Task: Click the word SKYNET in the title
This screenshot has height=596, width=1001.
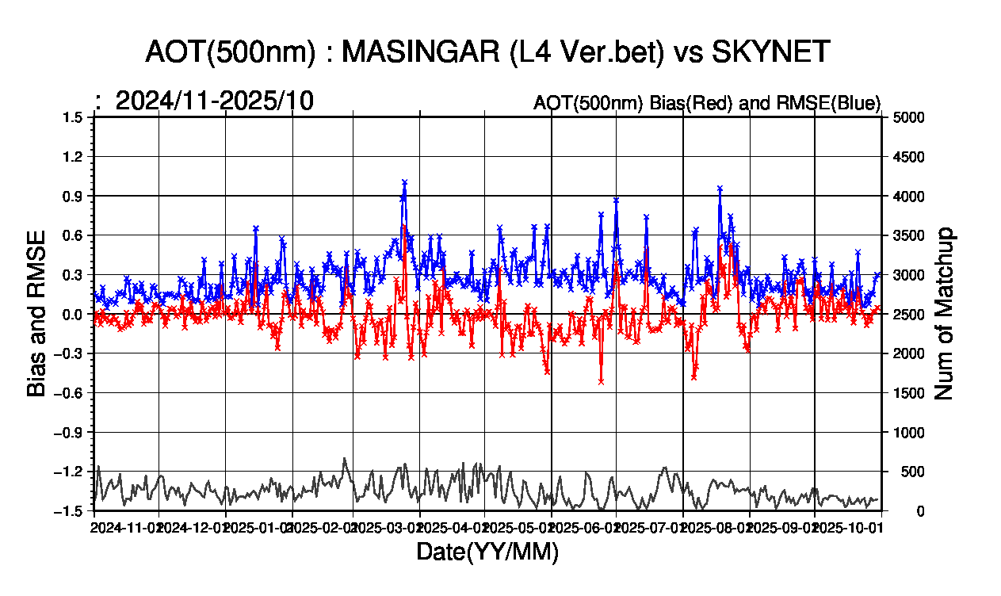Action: [x=770, y=52]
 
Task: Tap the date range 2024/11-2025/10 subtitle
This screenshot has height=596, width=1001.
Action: [x=214, y=101]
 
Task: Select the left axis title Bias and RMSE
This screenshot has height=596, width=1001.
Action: [x=36, y=314]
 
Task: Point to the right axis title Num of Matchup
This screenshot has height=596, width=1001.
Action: [x=944, y=314]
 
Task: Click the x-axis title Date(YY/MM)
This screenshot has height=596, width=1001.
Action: [x=487, y=552]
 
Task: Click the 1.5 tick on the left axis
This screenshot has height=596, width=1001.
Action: [x=74, y=117]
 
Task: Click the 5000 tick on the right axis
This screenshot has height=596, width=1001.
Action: [x=910, y=117]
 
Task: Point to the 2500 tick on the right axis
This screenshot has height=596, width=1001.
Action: [x=910, y=315]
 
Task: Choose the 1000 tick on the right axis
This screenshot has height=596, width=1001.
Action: [x=910, y=433]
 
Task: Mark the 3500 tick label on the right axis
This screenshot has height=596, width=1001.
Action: [x=910, y=235]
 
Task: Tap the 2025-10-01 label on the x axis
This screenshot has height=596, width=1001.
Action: [x=847, y=526]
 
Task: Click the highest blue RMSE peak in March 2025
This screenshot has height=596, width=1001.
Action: [x=404, y=182]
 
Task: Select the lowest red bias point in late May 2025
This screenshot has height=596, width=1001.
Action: [x=602, y=381]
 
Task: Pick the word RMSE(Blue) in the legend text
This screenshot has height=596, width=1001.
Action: [x=838, y=103]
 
